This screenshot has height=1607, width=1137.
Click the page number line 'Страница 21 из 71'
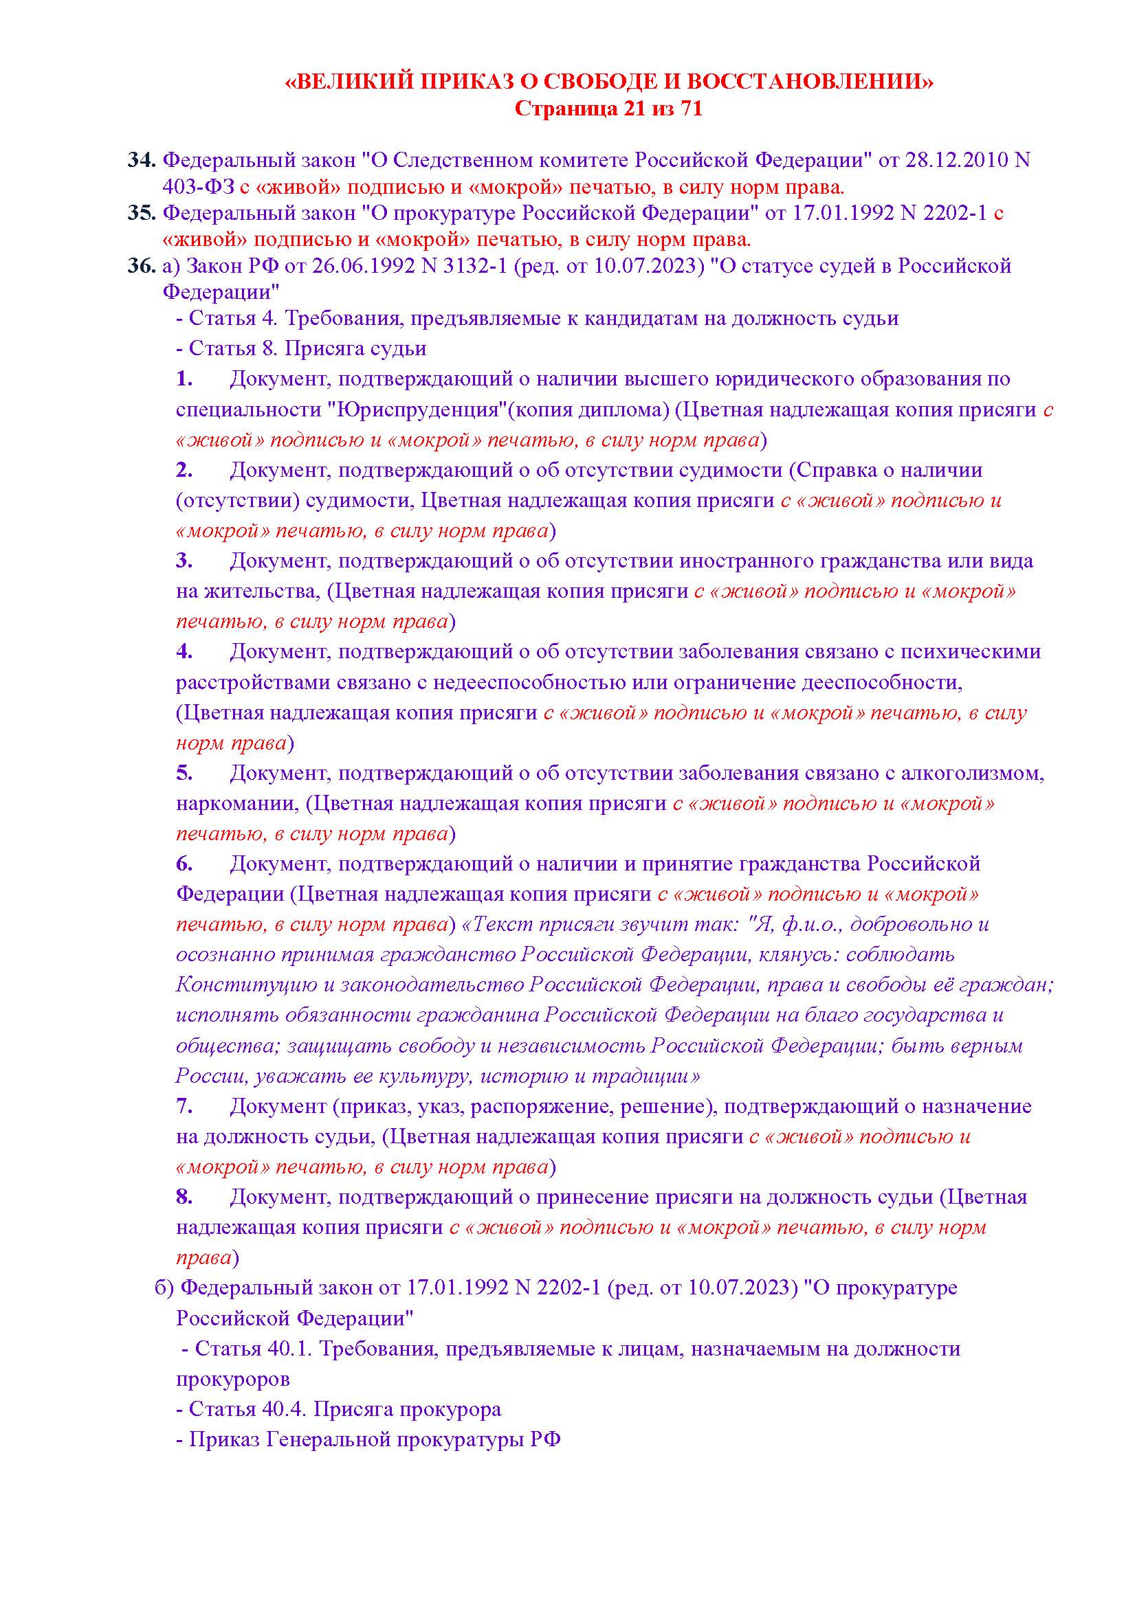608,109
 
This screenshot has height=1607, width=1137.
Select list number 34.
142,160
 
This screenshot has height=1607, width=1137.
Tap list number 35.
142,213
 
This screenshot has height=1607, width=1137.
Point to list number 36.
142,266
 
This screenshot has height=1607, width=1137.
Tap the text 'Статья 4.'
234,319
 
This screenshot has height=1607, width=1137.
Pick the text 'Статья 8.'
234,348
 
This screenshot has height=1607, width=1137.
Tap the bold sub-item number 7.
184,1106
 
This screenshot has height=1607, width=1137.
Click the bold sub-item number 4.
184,651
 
